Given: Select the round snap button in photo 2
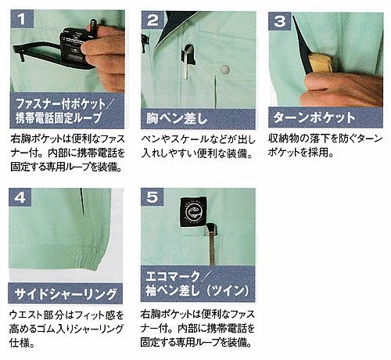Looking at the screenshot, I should point(225,71).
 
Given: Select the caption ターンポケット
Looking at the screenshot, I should point(313,119).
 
